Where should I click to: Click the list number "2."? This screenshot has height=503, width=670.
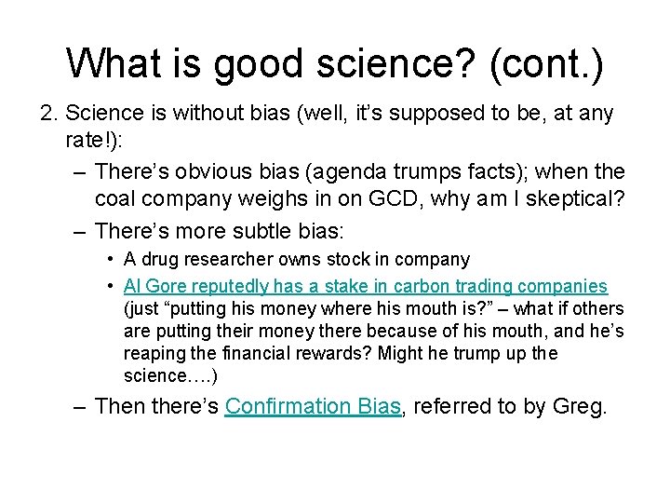click(x=50, y=114)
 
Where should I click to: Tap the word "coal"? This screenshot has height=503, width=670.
click(x=118, y=200)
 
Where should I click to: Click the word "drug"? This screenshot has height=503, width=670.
click(x=160, y=260)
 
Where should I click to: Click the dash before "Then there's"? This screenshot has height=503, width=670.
click(x=79, y=407)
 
